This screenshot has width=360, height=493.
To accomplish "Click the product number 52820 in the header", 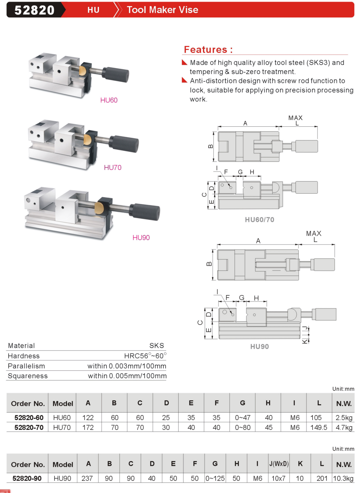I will pos(35,10).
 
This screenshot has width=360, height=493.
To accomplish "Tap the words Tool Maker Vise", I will pos(162,10).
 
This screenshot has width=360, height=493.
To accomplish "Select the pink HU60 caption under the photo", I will pos(109,100).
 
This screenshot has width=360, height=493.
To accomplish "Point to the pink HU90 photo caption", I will pos(141,238).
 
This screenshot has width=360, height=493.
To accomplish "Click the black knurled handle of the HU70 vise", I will pos(125,144).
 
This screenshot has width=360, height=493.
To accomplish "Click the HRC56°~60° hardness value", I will pos(145,356).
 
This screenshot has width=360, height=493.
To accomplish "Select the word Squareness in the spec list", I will pos(28,376).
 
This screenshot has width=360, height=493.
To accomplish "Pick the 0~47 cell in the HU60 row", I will pos(242,418).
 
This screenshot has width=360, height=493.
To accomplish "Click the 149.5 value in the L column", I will pos(319,428).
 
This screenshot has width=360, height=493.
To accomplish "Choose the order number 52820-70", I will pos(29,428).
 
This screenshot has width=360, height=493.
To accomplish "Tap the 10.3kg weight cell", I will pos(343,479).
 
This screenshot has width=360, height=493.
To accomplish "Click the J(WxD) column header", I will pos(279,464).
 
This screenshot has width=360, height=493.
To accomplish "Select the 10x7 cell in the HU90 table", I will pos(278,479).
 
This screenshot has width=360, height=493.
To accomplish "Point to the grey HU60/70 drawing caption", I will pos(259,220).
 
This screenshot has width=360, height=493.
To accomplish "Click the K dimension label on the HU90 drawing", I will pos(305,341).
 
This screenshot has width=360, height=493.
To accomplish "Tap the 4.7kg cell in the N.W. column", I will pos(344,428).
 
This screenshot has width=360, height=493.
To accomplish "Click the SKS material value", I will pos(156,346).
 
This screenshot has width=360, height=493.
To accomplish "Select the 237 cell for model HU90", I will pos(87,479).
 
